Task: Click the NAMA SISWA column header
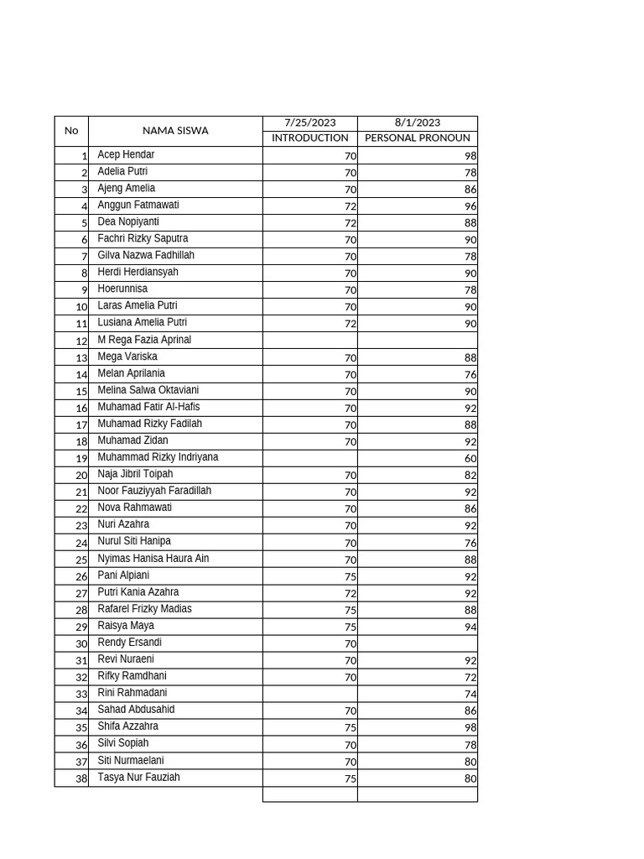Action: coord(175,131)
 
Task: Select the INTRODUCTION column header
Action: coord(309,138)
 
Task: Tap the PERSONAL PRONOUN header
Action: coord(417,138)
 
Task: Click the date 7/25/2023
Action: coord(309,123)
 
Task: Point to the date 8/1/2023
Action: coord(417,123)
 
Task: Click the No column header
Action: coord(71,131)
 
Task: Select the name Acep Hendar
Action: coord(126,155)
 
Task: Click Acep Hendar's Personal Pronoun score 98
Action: coord(470,156)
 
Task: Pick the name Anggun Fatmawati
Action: coord(138,206)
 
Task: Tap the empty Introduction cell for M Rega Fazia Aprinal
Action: coord(309,341)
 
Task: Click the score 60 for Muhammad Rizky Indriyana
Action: coord(470,459)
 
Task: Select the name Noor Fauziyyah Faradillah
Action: coord(154,491)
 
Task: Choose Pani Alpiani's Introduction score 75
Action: coord(350,576)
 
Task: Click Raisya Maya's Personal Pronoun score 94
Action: coord(470,627)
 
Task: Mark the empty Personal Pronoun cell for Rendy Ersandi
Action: coord(417,643)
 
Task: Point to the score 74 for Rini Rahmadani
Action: coord(470,694)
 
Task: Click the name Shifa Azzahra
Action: coord(127,726)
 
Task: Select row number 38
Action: coord(81,778)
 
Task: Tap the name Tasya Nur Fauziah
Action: coord(138,778)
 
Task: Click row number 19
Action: coord(81,459)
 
